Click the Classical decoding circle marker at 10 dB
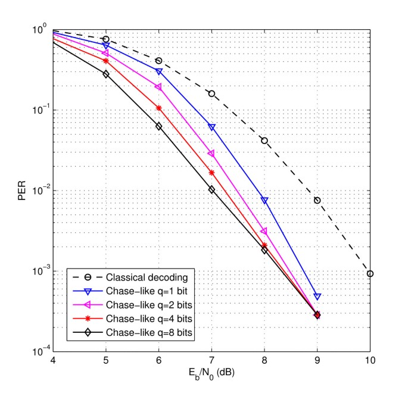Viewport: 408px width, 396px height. (x=370, y=273)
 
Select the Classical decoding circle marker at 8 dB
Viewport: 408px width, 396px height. (x=264, y=141)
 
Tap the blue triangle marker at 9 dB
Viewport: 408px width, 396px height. (x=317, y=296)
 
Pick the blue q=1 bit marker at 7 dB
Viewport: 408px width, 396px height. (x=211, y=127)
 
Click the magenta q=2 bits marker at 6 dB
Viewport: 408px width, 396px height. (x=158, y=87)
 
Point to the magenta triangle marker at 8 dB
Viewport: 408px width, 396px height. (x=264, y=231)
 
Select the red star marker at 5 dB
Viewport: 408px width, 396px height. (x=106, y=61)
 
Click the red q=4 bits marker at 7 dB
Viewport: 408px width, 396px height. (x=211, y=173)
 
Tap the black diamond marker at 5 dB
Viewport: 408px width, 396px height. (x=106, y=74)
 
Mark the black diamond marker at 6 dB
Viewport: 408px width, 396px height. (x=158, y=126)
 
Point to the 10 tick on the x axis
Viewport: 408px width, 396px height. (x=370, y=361)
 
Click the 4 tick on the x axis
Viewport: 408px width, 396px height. (x=54, y=361)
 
